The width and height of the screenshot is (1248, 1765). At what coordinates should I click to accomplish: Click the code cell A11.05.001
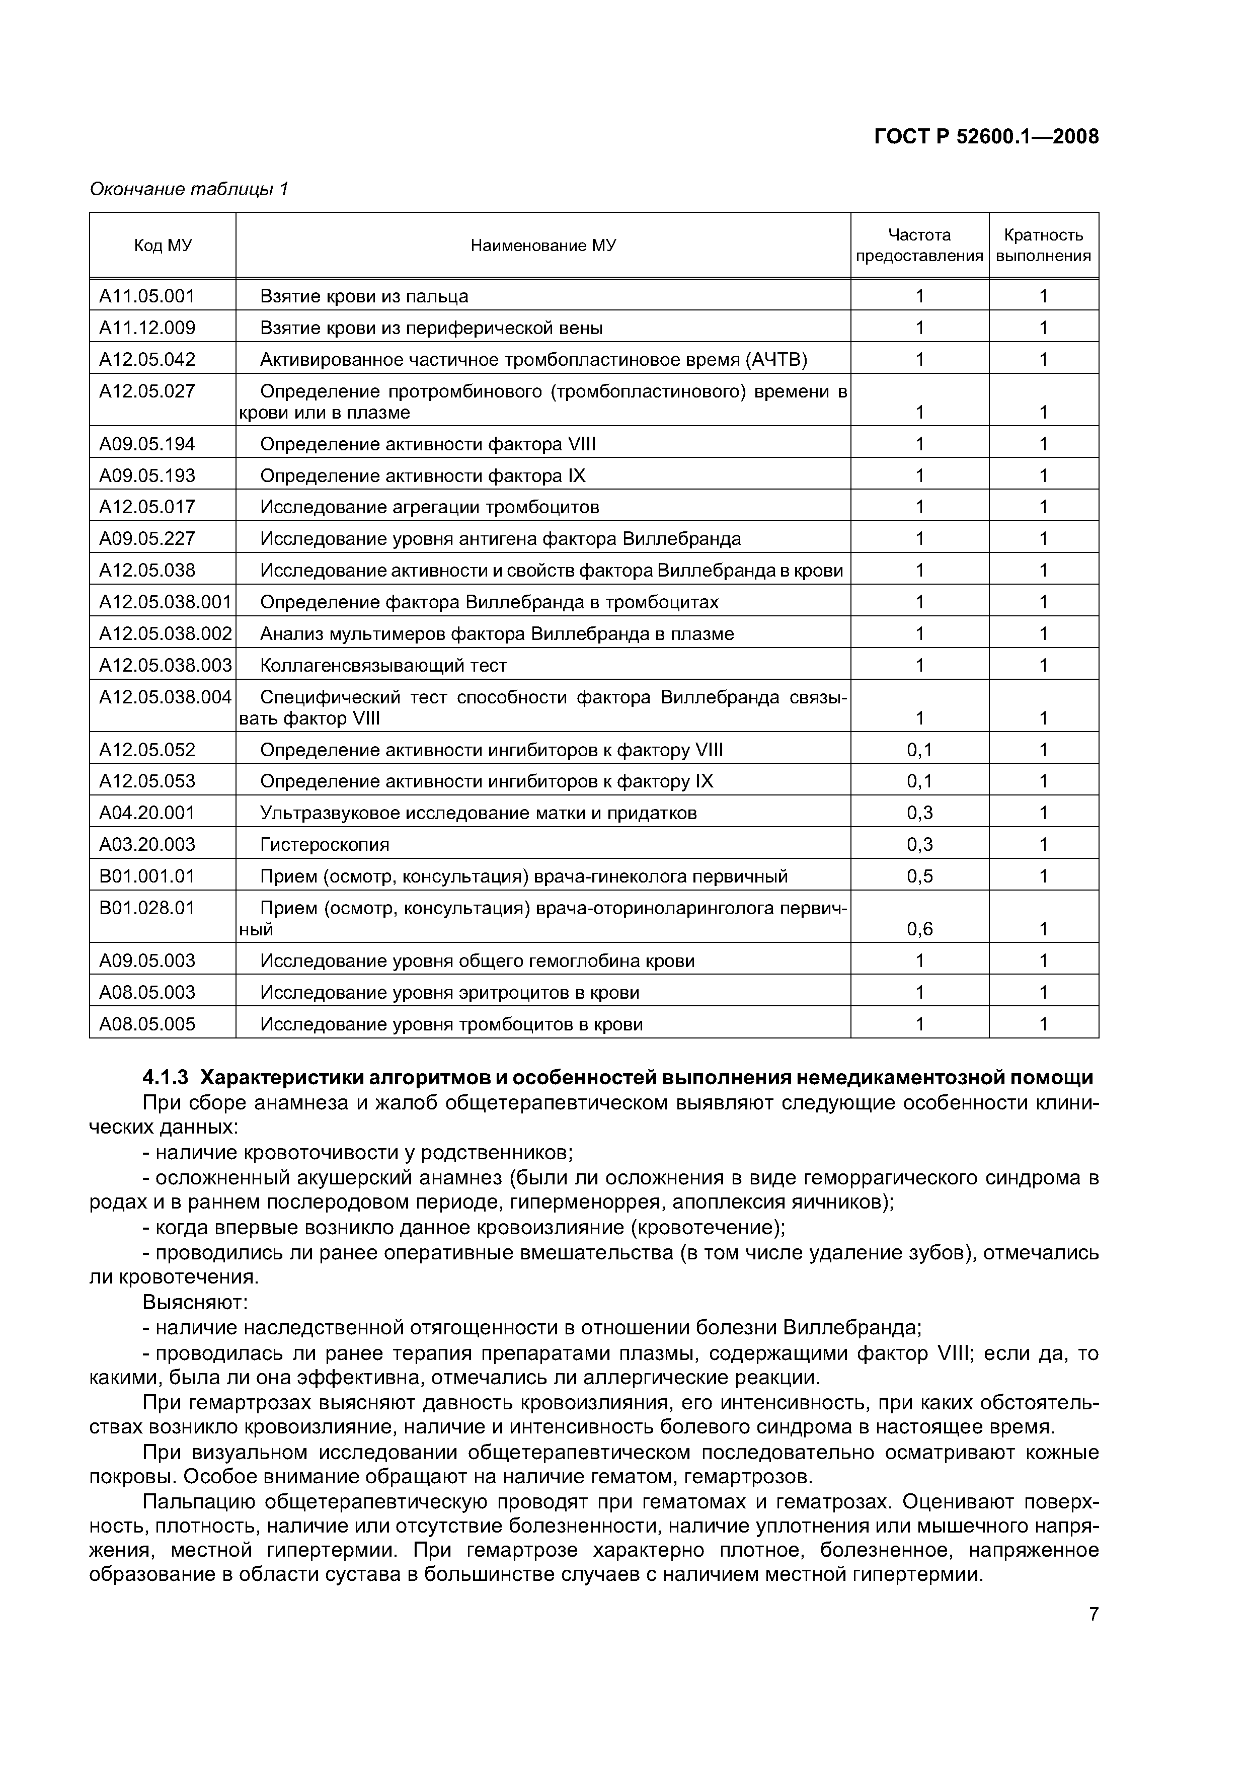click(x=147, y=296)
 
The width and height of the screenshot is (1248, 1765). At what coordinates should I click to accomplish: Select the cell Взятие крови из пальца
click(x=364, y=296)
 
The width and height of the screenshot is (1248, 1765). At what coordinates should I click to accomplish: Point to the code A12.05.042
click(x=147, y=359)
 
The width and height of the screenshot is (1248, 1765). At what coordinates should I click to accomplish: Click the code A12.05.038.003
click(x=165, y=665)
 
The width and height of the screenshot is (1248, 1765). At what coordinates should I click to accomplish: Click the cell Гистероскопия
click(x=325, y=844)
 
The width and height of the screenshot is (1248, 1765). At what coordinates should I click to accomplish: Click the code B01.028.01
click(x=147, y=907)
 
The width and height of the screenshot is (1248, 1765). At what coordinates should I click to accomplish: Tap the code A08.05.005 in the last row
click(x=147, y=1024)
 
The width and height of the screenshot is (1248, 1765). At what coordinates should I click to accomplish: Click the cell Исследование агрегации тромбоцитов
click(x=429, y=507)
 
